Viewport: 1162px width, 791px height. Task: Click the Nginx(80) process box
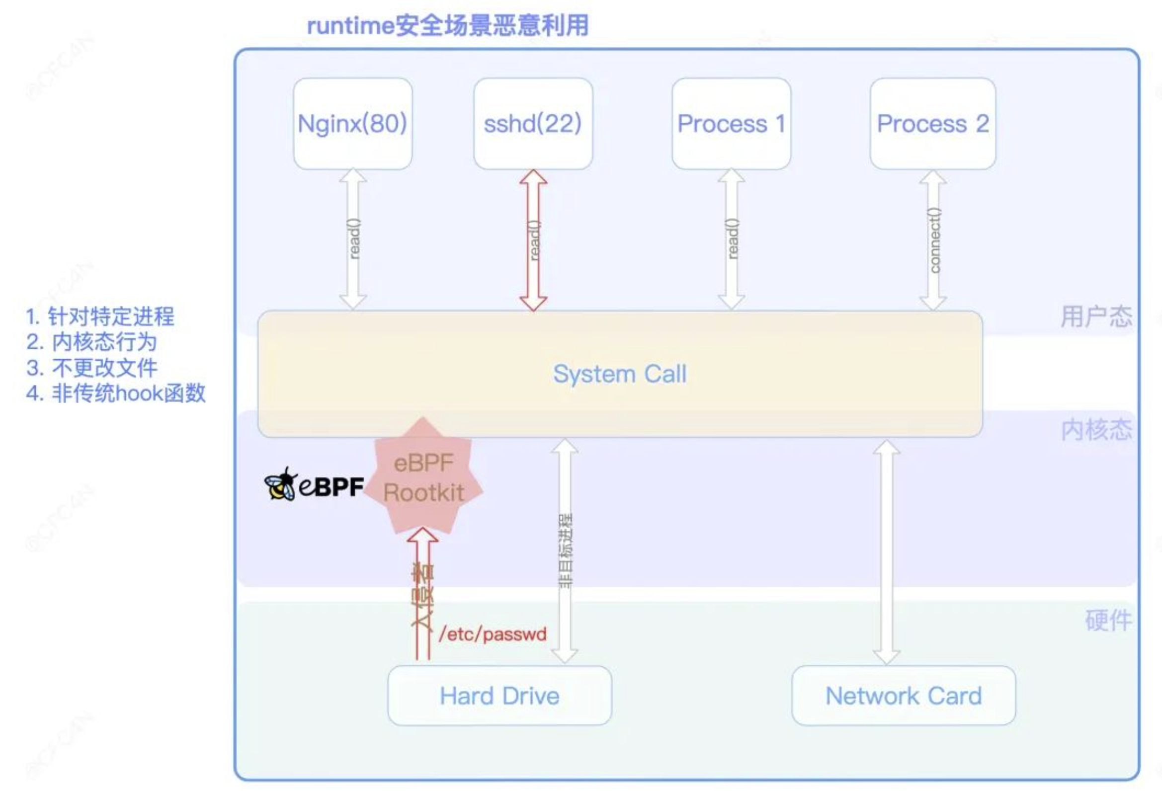[352, 124]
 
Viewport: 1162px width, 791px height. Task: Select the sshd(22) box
[533, 124]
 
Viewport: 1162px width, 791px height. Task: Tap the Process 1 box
[731, 124]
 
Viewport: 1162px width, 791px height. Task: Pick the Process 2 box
[932, 124]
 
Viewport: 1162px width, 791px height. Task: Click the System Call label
[619, 374]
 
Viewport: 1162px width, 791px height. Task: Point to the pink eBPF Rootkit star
[423, 478]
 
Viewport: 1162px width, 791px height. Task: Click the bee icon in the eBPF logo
[280, 484]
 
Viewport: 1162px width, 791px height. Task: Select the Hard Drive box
[499, 696]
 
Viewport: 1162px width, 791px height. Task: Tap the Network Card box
[904, 696]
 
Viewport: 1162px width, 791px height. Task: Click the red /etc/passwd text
[493, 634]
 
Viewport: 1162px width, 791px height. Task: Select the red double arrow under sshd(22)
[533, 240]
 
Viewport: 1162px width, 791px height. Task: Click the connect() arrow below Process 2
[933, 240]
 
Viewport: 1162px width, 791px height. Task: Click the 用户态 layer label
[1096, 316]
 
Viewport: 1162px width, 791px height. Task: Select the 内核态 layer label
[1096, 430]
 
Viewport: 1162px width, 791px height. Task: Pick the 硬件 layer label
[1108, 621]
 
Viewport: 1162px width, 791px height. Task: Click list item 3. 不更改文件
[92, 368]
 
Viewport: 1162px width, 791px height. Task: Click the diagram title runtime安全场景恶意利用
[447, 25]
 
